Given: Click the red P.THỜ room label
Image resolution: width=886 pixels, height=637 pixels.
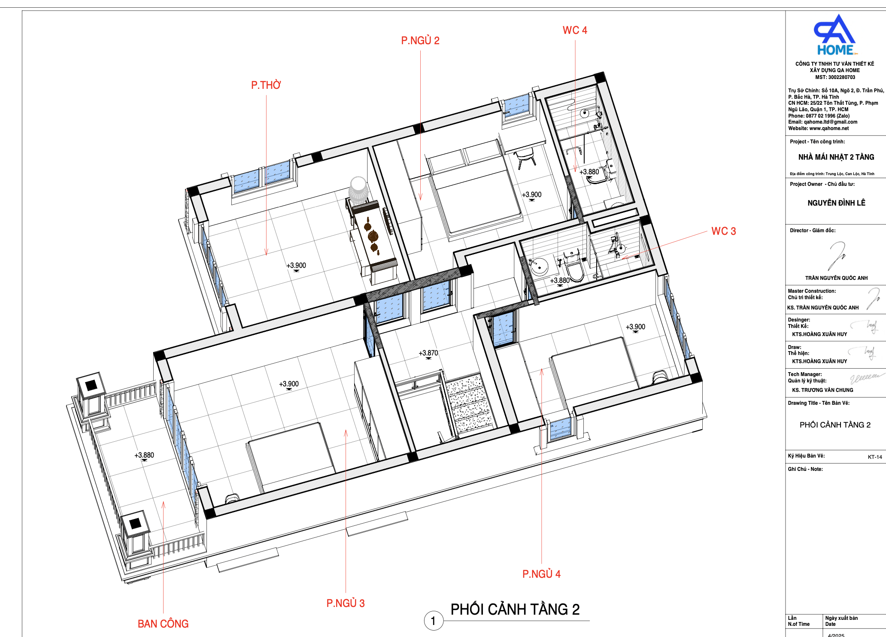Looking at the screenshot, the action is pyautogui.click(x=266, y=85).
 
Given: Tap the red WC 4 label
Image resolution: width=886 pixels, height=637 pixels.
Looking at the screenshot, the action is pyautogui.click(x=575, y=30).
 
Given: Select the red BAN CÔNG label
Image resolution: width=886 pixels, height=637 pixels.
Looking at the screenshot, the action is pyautogui.click(x=163, y=624).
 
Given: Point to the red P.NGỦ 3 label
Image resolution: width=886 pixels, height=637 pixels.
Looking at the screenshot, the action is pyautogui.click(x=346, y=603).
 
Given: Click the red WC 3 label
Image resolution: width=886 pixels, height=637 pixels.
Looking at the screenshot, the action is pyautogui.click(x=724, y=231).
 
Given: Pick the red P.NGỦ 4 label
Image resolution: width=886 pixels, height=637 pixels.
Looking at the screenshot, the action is pyautogui.click(x=541, y=574).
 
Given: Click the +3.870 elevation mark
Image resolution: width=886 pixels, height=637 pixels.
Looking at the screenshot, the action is pyautogui.click(x=428, y=353).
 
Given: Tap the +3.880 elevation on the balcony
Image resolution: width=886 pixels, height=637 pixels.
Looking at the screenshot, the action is pyautogui.click(x=144, y=455).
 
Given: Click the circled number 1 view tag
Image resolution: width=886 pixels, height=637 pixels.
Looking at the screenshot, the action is pyautogui.click(x=433, y=621).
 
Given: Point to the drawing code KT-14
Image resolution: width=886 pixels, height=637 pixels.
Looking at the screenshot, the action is pyautogui.click(x=875, y=457).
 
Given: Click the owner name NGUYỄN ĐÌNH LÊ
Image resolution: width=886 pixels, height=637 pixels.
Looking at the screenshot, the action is pyautogui.click(x=836, y=203).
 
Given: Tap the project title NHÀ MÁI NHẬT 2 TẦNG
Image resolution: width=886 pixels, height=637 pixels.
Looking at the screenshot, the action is pyautogui.click(x=836, y=157).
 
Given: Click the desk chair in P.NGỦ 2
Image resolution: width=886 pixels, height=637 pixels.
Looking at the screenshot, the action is pyautogui.click(x=525, y=158).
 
